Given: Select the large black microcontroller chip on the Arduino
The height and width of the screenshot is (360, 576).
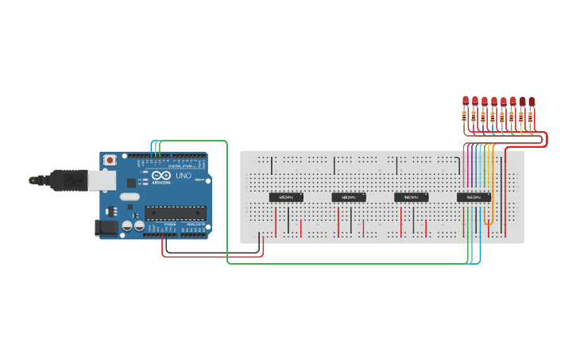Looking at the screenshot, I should click(174, 212).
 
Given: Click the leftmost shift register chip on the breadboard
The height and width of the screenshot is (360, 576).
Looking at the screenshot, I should click(287, 196).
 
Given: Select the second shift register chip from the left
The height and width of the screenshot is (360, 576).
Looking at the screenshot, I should click(349, 196).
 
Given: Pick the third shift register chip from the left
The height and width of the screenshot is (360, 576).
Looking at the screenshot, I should click(412, 196).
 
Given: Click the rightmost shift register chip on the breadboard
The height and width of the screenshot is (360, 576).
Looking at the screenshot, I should click(474, 196).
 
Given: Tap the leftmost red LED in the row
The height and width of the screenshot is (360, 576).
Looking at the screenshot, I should click(466, 101).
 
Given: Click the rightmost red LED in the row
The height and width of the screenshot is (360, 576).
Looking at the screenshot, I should click(532, 101).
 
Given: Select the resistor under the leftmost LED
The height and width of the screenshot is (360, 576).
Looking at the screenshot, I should click(466, 117).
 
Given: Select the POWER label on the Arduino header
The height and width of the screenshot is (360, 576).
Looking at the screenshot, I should click(170, 225).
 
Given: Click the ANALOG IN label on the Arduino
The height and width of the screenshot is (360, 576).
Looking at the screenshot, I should click(195, 225).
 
